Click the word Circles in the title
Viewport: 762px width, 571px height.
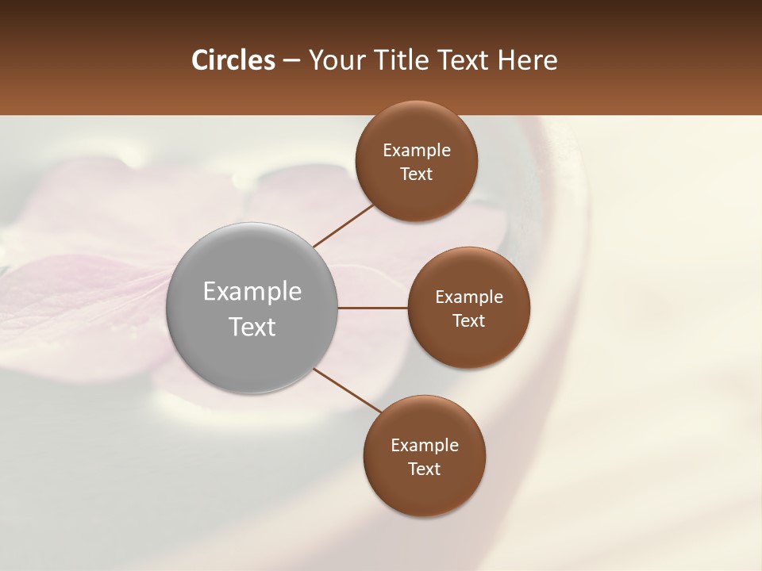point(233,60)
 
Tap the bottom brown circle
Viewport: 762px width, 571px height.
point(425,492)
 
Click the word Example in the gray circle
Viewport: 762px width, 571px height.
point(252,292)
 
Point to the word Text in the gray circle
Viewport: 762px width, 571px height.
point(252,327)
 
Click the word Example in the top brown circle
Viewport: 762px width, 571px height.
point(417,150)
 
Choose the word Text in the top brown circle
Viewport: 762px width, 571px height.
point(417,174)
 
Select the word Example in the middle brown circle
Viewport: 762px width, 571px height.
point(469,297)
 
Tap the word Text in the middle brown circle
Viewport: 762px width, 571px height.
point(469,320)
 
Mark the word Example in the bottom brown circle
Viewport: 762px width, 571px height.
point(425,445)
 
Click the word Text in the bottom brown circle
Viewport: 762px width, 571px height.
point(425,469)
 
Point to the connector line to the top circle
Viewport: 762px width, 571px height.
point(344,225)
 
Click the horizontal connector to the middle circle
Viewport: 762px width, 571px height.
point(372,308)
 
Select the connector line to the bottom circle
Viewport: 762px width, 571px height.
point(348,391)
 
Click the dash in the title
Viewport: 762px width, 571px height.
point(291,61)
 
